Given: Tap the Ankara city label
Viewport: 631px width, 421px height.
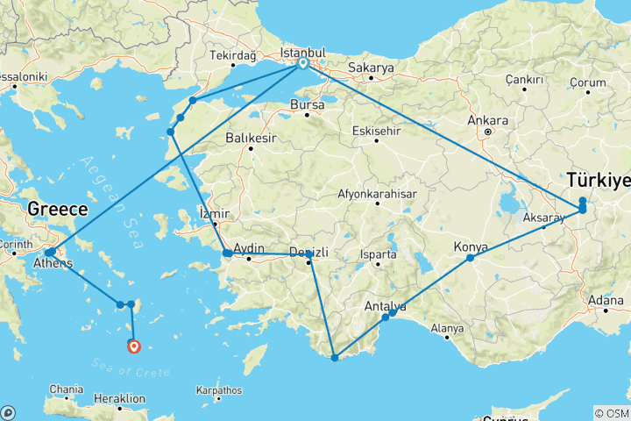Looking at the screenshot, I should (x=488, y=120).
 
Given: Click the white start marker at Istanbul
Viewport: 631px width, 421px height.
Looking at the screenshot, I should (x=302, y=63).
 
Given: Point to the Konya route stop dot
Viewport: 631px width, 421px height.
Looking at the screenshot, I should (x=471, y=258).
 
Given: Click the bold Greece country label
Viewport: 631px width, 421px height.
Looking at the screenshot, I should (x=57, y=210).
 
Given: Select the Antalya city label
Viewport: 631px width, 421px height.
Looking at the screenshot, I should (x=384, y=306).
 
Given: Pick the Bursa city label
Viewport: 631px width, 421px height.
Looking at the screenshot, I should (x=308, y=104).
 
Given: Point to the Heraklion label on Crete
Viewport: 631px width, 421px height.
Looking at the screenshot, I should (x=118, y=398).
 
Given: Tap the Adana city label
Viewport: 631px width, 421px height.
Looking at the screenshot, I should (x=606, y=300).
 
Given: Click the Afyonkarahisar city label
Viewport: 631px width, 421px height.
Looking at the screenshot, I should (x=376, y=195).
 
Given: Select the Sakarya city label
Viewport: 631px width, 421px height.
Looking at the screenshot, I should (x=371, y=67).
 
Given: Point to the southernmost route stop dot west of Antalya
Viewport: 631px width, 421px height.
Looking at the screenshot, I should (x=335, y=357).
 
